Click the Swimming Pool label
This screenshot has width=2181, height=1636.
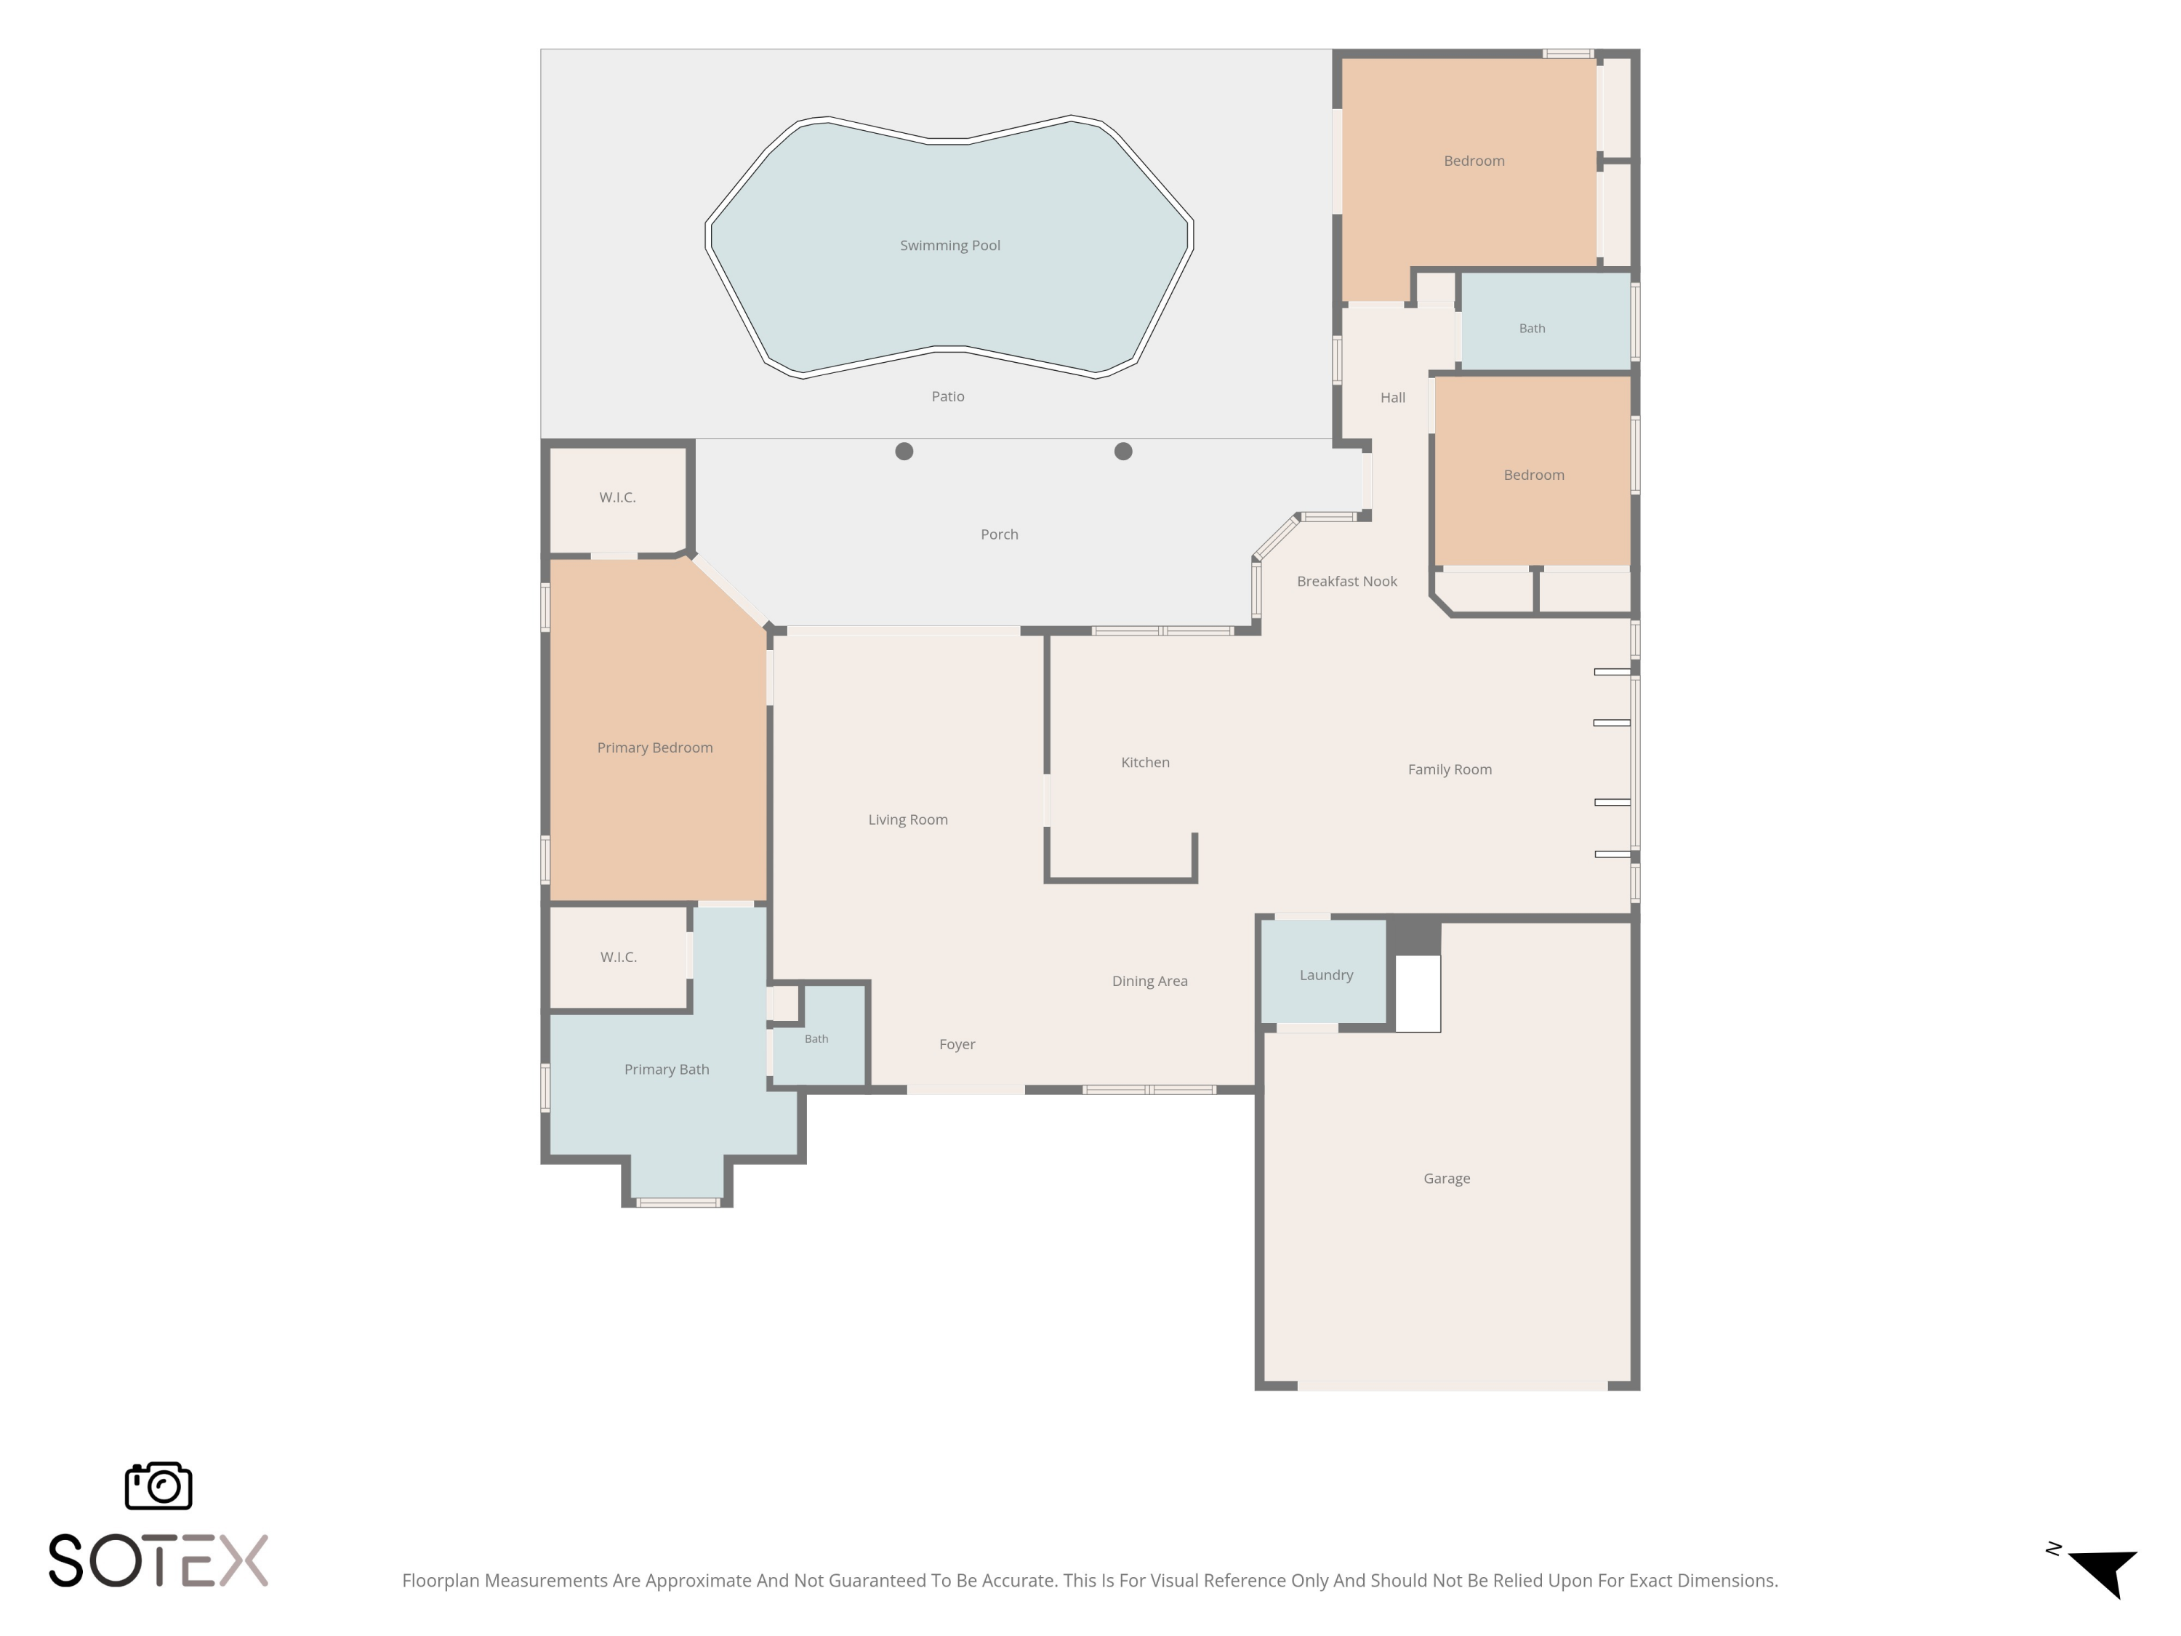coord(949,246)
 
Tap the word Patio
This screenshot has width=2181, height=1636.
coord(947,396)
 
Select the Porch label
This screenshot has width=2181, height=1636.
coord(999,534)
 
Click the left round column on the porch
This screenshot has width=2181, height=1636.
coord(904,452)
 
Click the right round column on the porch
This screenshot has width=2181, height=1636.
coord(1123,452)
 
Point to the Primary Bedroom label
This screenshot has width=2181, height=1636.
coord(655,747)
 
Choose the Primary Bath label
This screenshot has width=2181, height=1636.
coord(667,1069)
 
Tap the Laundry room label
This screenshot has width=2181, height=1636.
coord(1326,975)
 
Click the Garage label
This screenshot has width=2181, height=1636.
coord(1447,1179)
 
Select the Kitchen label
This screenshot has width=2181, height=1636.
coord(1145,762)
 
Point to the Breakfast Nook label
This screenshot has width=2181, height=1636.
coord(1347,582)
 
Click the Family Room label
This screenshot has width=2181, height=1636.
coord(1450,769)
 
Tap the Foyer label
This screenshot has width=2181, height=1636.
coord(957,1044)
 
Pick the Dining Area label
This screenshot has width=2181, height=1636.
coord(1149,981)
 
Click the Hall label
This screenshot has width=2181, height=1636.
coord(1392,398)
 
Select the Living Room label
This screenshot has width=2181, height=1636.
coord(907,819)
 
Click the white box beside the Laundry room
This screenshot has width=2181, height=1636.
coord(1418,993)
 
